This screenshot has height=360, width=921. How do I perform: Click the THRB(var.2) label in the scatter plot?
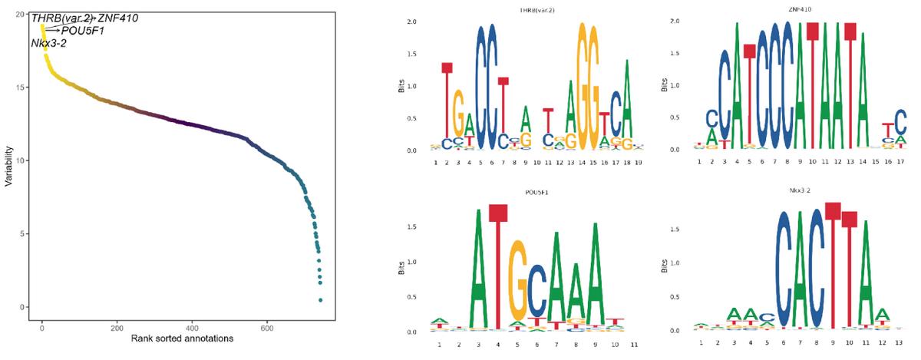coord(62,18)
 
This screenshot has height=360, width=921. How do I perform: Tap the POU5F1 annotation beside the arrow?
coord(82,31)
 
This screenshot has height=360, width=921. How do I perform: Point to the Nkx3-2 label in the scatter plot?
coord(48,43)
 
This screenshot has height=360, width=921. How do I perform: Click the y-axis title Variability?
coord(9,162)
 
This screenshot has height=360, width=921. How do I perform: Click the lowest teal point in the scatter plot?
coord(320,299)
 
